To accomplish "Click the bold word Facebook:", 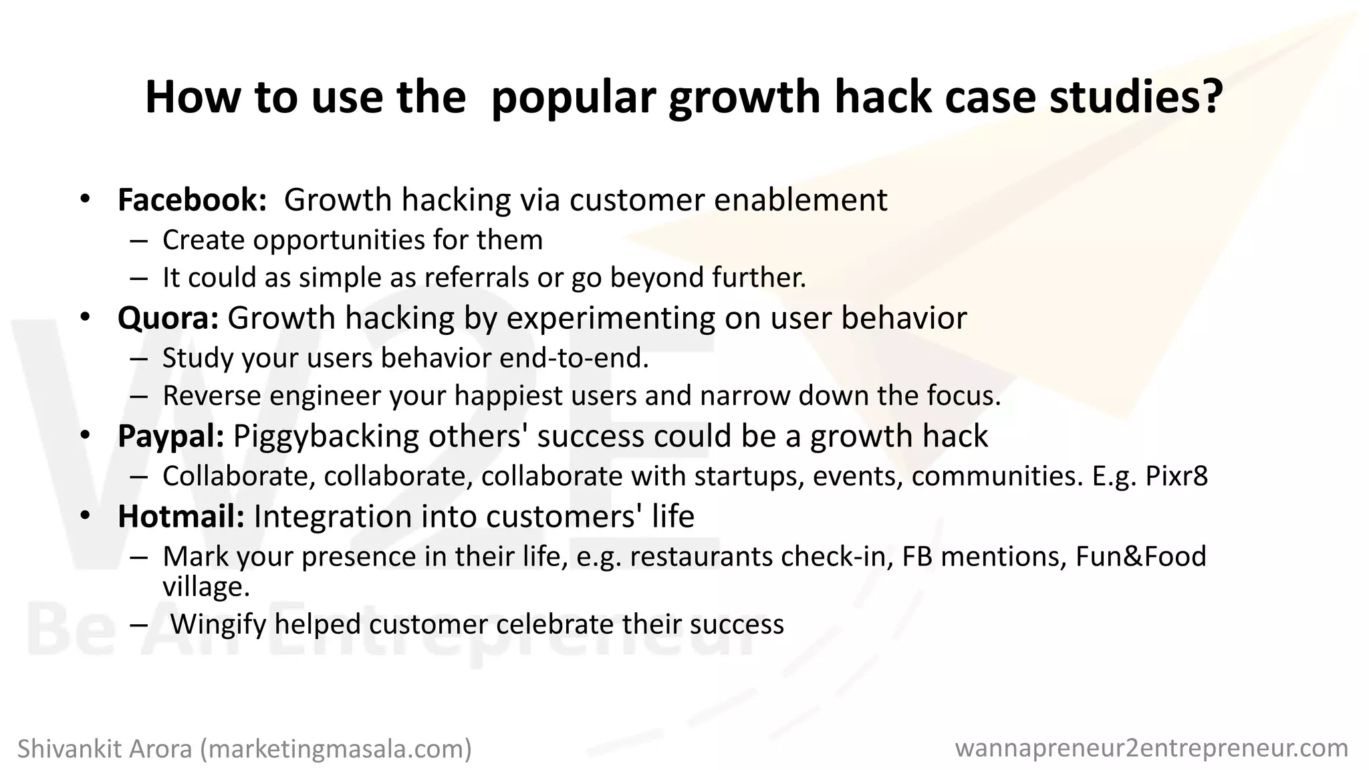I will pos(193,200).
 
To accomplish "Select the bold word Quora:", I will pos(168,318).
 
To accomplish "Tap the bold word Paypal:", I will pos(170,436).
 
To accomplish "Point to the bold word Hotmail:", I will pos(181,517).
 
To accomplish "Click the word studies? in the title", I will pos(1136,97).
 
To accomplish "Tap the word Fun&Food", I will pos(1140,557).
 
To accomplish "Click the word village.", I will pos(205,587).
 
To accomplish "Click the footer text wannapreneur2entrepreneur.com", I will pos(1151,748).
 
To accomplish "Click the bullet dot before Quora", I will pos(84,317).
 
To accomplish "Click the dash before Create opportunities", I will pos(138,241).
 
